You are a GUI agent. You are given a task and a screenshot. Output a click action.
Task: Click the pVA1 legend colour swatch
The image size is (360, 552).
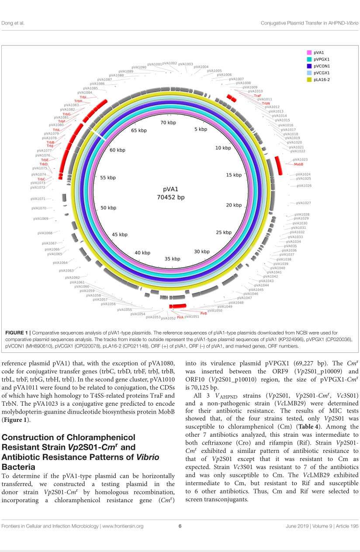coord(309,52)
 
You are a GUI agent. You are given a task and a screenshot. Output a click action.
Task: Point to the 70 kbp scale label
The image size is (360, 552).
coord(168,123)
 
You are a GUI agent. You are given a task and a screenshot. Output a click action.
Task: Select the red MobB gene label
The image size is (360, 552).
coord(298,164)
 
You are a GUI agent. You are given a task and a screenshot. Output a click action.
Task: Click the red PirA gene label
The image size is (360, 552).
coord(180,317)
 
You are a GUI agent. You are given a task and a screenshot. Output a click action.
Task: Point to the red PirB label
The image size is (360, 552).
coord(204,314)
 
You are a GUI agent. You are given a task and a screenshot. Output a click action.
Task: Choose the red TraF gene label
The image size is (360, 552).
coord(257,95)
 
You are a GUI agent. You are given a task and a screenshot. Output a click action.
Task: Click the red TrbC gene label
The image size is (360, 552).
coord(41,179)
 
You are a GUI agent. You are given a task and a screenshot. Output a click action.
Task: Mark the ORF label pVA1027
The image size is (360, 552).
coord(304,203)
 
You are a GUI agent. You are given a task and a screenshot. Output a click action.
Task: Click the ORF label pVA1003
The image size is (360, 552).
coord(186,64)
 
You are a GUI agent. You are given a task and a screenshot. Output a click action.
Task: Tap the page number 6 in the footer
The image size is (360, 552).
coord(180,538)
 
